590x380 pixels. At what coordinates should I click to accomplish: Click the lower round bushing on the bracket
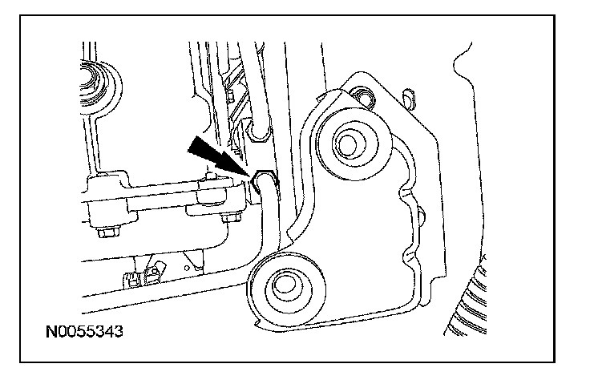(285, 285)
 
